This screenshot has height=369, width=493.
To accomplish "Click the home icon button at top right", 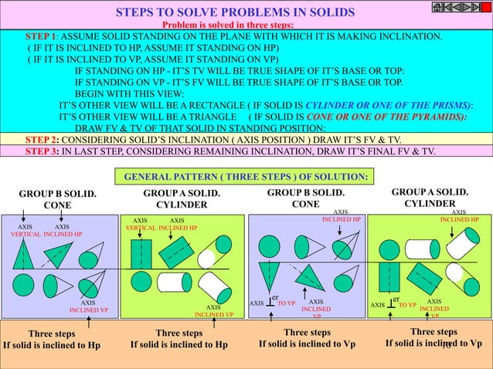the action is [x=440, y=8].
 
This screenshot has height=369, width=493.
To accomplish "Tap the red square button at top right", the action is [x=485, y=8].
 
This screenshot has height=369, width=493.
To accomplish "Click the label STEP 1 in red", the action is [x=42, y=37].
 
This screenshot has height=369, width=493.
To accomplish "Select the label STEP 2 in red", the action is [x=42, y=139].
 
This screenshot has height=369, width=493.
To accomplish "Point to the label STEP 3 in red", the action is [x=42, y=151].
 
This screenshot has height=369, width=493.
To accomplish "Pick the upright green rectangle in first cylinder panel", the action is [x=141, y=252].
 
